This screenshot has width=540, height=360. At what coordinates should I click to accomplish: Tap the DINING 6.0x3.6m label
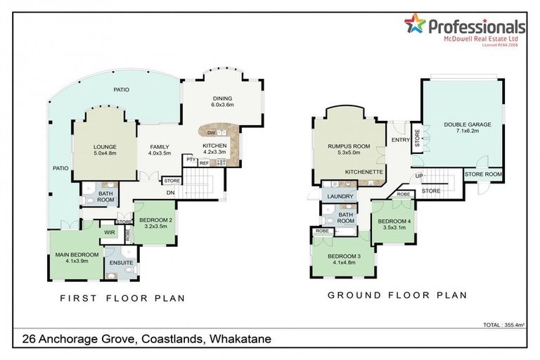tap(222, 101)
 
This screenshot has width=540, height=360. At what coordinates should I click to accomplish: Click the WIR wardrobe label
tap(109, 231)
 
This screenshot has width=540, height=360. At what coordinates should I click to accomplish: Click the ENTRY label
tap(400, 139)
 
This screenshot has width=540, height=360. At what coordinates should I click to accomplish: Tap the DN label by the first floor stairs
tap(169, 192)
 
